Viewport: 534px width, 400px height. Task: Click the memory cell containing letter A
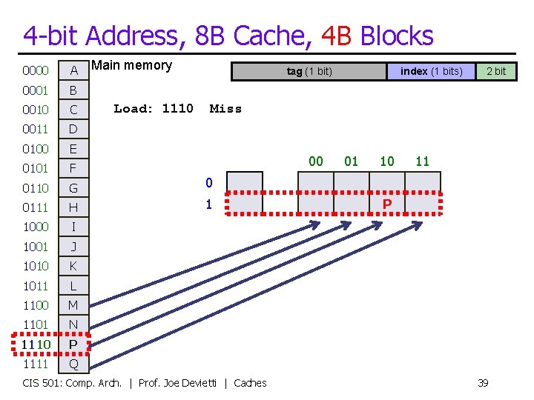click(73, 71)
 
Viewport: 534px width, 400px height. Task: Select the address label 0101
click(36, 168)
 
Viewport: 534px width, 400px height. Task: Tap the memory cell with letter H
click(73, 207)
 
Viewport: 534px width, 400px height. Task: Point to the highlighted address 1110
click(36, 344)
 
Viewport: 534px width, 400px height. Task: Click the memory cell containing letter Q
click(73, 364)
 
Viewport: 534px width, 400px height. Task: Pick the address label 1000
click(36, 227)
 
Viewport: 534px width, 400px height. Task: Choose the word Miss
click(225, 109)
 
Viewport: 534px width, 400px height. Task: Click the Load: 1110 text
click(154, 109)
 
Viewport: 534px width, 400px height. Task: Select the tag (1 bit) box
click(309, 71)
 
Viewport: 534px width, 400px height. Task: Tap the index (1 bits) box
click(431, 71)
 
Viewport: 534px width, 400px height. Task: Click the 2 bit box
click(495, 71)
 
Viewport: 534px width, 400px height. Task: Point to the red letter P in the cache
click(387, 203)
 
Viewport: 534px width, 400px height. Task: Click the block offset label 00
click(316, 161)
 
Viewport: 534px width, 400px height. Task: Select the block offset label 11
click(423, 161)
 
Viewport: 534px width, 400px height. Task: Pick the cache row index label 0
click(209, 183)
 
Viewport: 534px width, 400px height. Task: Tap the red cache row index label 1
click(209, 204)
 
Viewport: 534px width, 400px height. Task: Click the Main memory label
click(131, 65)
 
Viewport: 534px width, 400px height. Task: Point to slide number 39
click(483, 382)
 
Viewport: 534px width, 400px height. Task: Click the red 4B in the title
click(337, 35)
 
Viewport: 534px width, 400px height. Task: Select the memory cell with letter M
click(73, 305)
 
